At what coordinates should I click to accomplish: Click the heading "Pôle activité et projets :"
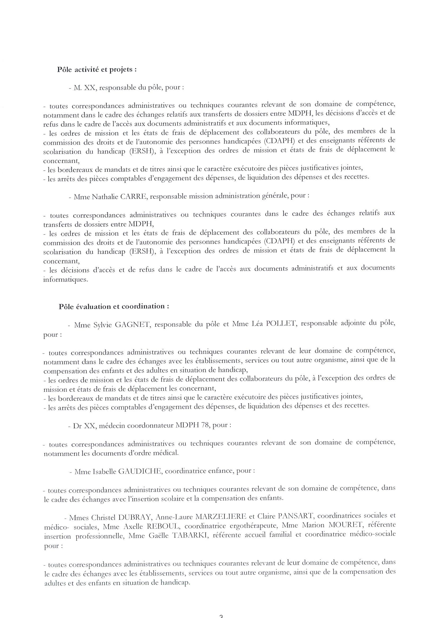[x=97, y=69]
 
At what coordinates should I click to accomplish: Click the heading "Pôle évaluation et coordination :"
[x=114, y=306]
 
